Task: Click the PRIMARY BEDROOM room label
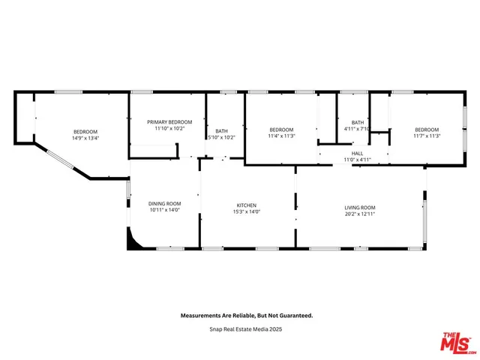[169, 122]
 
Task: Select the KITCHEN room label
[247, 205]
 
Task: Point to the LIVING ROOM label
[360, 208]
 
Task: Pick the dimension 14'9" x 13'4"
[85, 138]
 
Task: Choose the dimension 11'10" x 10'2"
[169, 129]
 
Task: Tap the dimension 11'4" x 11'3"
[282, 136]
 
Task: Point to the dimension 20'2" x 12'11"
[360, 214]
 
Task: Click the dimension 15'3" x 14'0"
[247, 212]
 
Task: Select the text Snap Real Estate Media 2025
[247, 328]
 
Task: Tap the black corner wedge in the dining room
[133, 240]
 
